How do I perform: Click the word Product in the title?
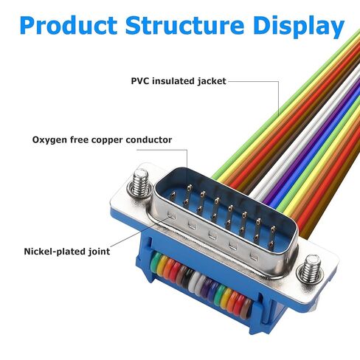click(69, 26)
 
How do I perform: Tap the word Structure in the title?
click(184, 25)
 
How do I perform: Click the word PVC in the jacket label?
click(140, 81)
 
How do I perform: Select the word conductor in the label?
click(149, 140)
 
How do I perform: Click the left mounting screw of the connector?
click(139, 183)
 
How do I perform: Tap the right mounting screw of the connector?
click(309, 269)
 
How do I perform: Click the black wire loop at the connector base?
click(189, 278)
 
